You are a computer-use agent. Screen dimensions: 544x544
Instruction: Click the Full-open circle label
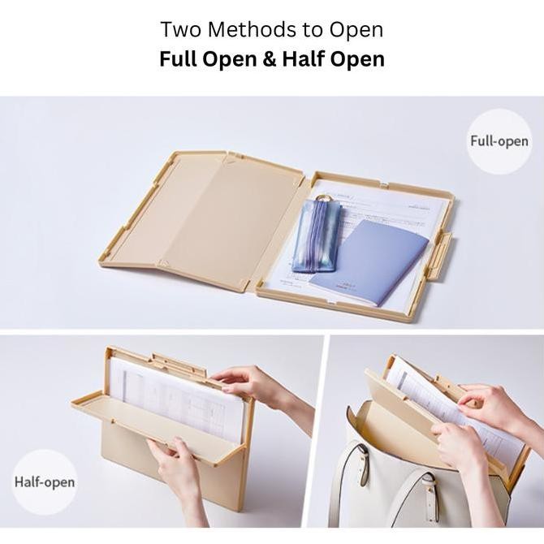coord(499,140)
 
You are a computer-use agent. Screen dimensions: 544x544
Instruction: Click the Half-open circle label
coord(44,481)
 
